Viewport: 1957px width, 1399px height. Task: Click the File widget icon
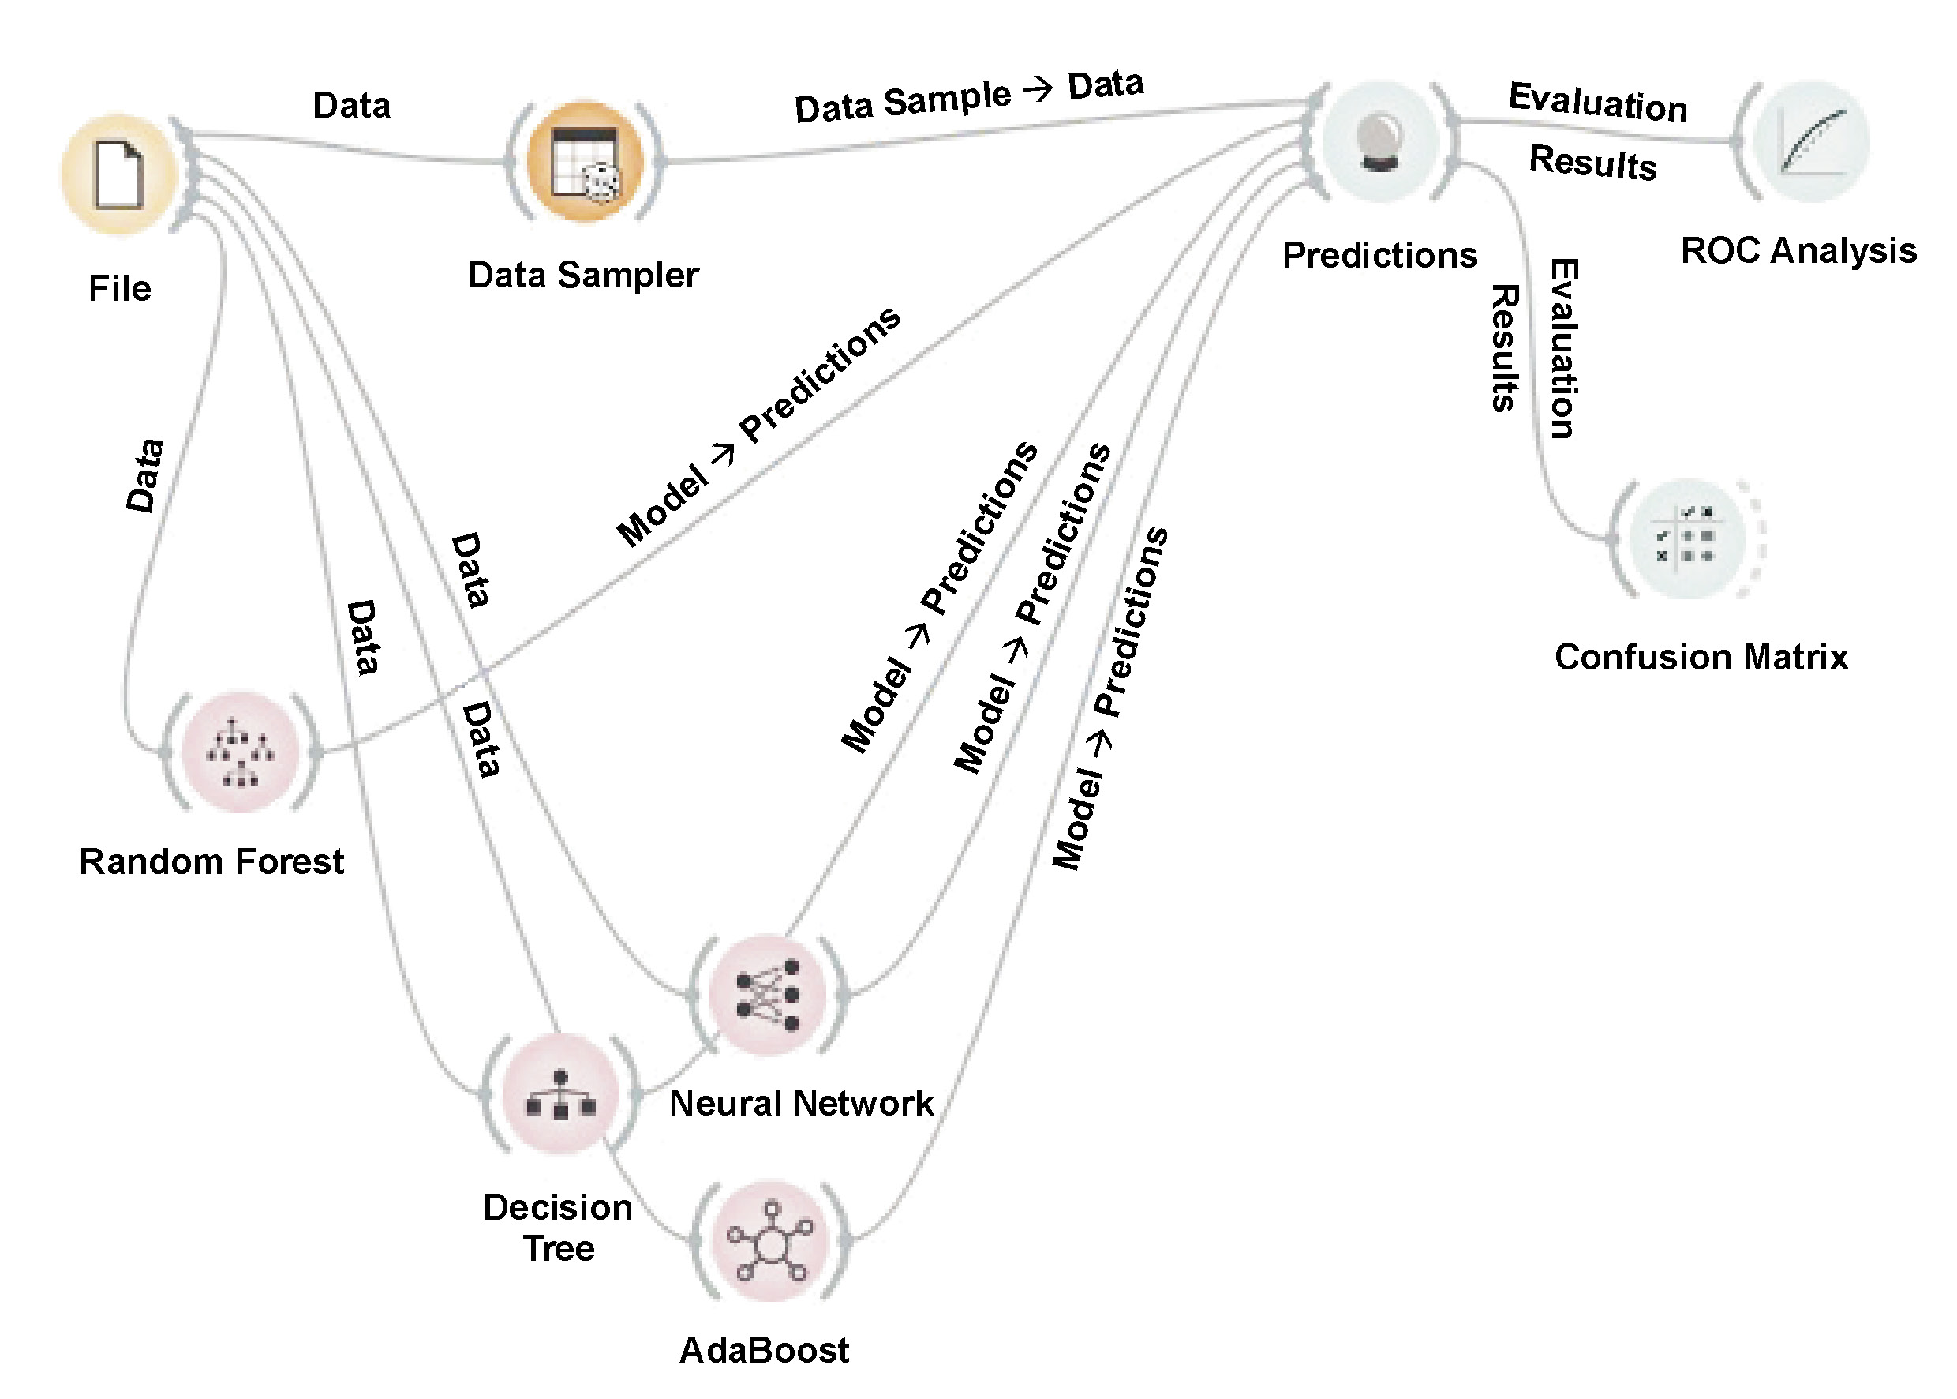[119, 175]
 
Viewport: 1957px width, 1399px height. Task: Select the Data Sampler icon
[585, 162]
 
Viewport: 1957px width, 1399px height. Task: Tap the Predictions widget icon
[1381, 142]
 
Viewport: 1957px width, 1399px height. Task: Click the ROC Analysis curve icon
[1812, 142]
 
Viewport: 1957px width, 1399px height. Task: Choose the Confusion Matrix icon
[1686, 538]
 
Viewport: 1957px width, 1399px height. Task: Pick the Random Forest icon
[240, 752]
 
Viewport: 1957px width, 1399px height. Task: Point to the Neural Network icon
[769, 995]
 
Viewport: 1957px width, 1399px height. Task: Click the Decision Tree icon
[560, 1095]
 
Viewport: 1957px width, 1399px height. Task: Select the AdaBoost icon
[769, 1241]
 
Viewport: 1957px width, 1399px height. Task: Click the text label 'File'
[120, 289]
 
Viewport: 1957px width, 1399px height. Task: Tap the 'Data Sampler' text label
[583, 276]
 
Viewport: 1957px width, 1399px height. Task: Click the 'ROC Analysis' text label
[1798, 251]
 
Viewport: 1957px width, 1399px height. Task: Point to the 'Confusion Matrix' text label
[1701, 658]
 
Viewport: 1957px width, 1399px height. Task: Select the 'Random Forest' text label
[211, 861]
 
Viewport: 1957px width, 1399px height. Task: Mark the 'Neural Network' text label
[802, 1104]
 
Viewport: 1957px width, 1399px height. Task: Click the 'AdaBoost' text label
[764, 1351]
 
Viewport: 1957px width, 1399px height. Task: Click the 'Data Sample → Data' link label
[968, 96]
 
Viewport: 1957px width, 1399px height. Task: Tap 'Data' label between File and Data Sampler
[351, 106]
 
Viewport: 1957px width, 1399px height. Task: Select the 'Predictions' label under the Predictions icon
[1379, 256]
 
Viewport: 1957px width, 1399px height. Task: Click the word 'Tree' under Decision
[559, 1248]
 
